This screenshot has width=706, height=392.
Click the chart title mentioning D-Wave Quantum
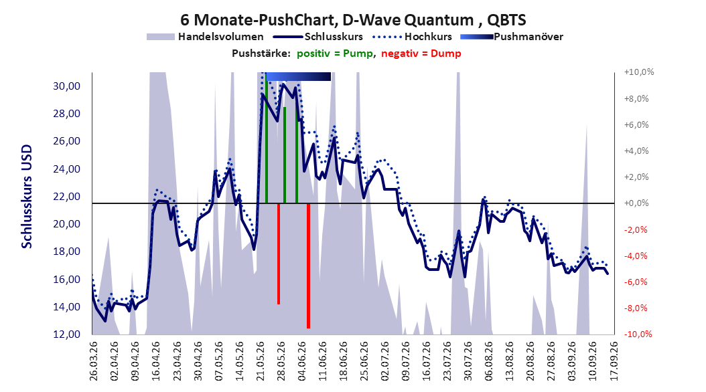[x=353, y=20]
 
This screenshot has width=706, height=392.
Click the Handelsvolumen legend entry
[x=206, y=37]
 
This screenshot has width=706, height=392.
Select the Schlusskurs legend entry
[x=318, y=37]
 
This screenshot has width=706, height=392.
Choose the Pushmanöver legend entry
[x=512, y=37]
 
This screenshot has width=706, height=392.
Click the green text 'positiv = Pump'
[x=335, y=54]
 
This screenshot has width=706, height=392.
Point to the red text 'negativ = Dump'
[x=421, y=54]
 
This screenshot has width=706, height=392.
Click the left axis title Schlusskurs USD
[x=27, y=197]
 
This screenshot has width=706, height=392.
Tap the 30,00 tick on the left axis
[x=66, y=86]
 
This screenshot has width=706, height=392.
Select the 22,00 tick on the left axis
[x=66, y=197]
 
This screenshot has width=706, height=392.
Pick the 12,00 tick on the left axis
[x=66, y=334]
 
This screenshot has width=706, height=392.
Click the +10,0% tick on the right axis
[x=639, y=72]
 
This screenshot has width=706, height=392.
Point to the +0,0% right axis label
[x=636, y=203]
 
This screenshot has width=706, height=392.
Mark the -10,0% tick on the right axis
[x=638, y=334]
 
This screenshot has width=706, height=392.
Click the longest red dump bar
[x=308, y=266]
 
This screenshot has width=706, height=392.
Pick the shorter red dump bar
[x=279, y=254]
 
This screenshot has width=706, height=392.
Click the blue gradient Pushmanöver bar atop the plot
[x=299, y=76]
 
